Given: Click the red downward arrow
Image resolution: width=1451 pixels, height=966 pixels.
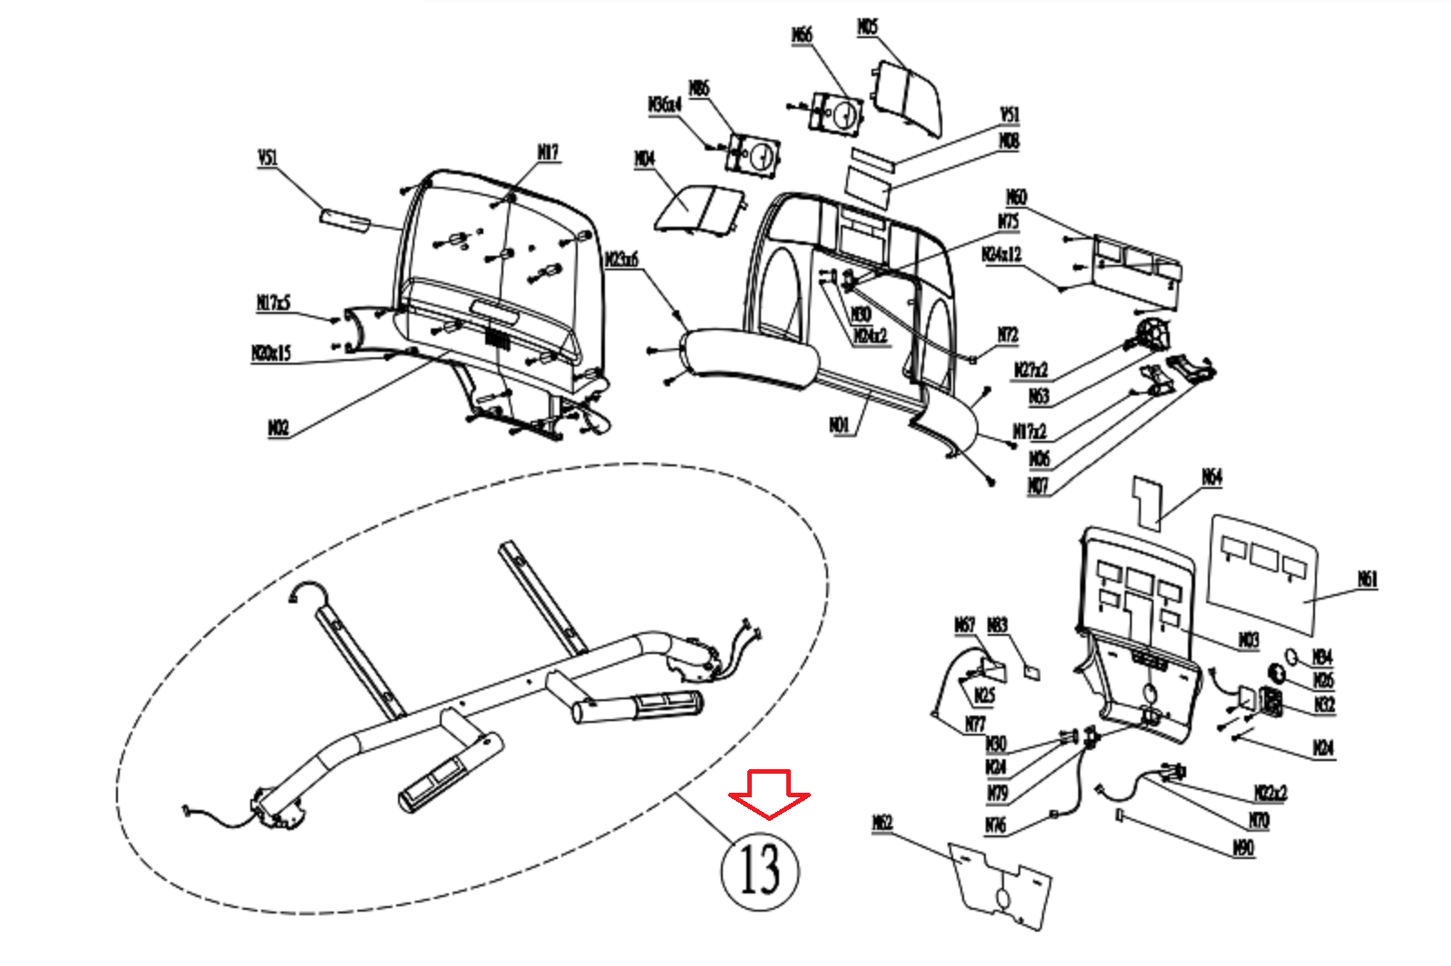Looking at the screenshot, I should [769, 793].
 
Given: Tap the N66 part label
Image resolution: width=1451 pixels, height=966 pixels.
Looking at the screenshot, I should [802, 35].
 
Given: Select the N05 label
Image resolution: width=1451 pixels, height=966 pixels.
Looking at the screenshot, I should [867, 27].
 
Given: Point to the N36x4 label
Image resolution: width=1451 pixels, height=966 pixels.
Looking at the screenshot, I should [665, 105].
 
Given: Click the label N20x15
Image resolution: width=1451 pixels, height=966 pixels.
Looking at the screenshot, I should [271, 353].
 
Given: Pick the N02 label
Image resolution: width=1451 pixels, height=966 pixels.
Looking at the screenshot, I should [278, 427].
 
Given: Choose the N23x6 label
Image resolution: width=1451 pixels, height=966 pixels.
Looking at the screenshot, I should [622, 260].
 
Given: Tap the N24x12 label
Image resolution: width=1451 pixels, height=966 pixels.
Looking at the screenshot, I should [1001, 255].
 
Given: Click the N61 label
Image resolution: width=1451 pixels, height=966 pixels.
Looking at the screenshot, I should [1367, 579].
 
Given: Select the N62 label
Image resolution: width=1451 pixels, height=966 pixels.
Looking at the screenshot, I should [881, 823].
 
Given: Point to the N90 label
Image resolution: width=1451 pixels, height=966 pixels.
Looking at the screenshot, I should [1243, 848].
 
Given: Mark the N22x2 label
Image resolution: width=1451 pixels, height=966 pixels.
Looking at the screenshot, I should [1271, 794].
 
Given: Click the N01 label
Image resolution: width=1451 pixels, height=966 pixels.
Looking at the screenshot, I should [840, 424].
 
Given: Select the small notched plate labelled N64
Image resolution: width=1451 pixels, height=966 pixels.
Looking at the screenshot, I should [1147, 502].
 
